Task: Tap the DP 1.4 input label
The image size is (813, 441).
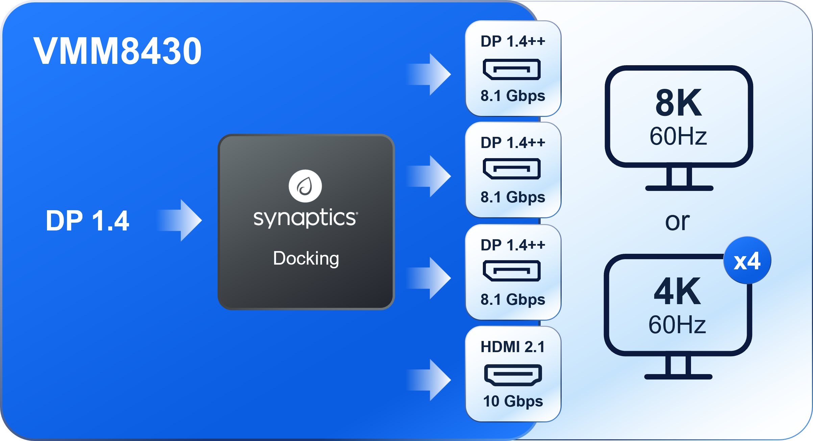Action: click(87, 221)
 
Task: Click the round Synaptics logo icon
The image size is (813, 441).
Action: click(305, 186)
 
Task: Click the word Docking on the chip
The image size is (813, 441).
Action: click(306, 259)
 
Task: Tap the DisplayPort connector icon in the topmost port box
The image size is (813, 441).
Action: click(512, 69)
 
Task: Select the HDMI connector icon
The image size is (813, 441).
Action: click(513, 375)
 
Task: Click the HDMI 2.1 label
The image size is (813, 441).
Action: click(513, 347)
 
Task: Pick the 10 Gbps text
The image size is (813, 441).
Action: click(513, 401)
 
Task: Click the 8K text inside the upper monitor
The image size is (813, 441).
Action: click(679, 103)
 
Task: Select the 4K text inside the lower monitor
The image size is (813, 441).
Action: click(677, 291)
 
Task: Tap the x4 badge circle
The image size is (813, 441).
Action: click(747, 261)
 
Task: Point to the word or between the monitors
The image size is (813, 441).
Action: click(677, 222)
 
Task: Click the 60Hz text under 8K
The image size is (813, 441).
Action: click(678, 137)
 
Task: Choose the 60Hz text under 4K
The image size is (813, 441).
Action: click(677, 325)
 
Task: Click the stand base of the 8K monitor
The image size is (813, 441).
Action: click(679, 188)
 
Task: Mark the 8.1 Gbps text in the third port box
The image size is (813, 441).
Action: click(513, 300)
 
